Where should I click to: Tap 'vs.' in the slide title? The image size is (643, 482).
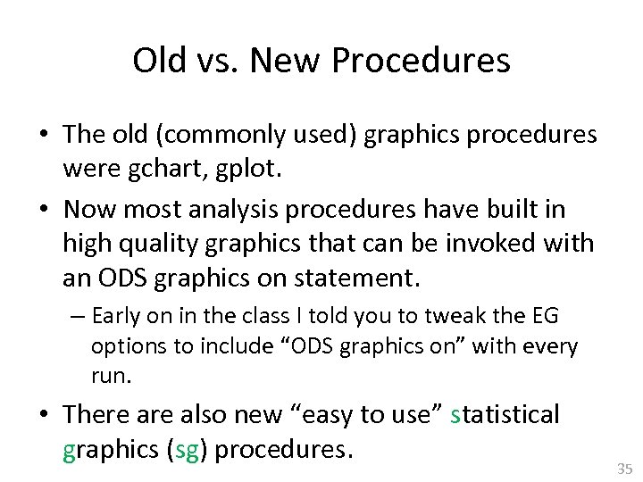(215, 61)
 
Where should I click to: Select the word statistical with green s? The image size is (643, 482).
(505, 414)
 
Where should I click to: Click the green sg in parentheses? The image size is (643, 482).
(187, 449)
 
